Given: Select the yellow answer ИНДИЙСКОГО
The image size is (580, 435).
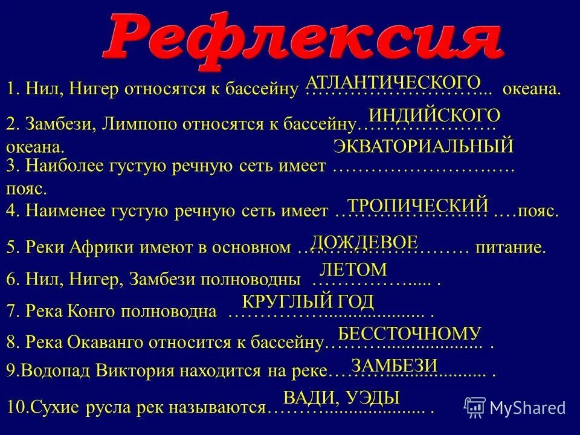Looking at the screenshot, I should coord(434,115).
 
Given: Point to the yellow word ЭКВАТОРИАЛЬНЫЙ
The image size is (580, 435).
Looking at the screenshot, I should coord(423,146).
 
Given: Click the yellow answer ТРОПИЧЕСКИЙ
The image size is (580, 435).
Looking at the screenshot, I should coord(417,205).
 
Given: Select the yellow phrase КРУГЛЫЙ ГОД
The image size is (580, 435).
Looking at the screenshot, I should coord(308,301).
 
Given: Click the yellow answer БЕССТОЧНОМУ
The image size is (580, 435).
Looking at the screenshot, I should coord(409,333).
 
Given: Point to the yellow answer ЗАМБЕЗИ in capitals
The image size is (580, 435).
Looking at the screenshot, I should coord(394,364).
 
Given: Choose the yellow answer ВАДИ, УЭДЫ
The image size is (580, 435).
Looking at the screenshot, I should coord(341,397).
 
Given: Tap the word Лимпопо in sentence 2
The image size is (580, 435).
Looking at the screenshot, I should coord(138,124).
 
